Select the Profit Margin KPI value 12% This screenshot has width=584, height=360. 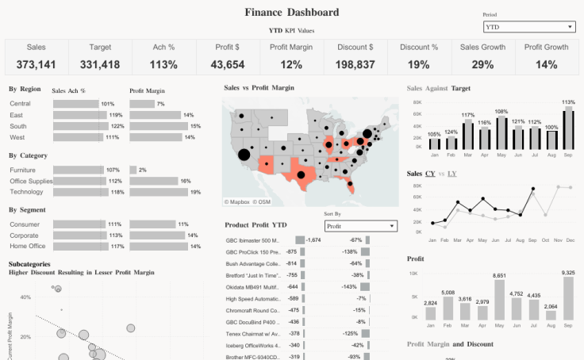click(291, 64)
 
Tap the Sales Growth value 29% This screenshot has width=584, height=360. click(482, 64)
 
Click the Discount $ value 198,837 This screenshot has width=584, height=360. click(355, 64)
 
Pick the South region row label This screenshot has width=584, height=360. click(18, 126)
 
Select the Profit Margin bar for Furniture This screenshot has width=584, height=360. click(133, 170)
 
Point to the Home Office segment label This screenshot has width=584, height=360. click(28, 246)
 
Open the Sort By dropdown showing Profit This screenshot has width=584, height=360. click(360, 226)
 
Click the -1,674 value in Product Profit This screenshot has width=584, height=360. click(313, 239)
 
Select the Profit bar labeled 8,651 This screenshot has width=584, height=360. click(499, 300)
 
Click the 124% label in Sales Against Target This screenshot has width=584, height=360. click(451, 132)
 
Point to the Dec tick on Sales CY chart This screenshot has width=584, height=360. click(569, 239)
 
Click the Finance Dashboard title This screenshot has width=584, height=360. click(291, 12)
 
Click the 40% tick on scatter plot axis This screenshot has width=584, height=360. click(25, 297)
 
